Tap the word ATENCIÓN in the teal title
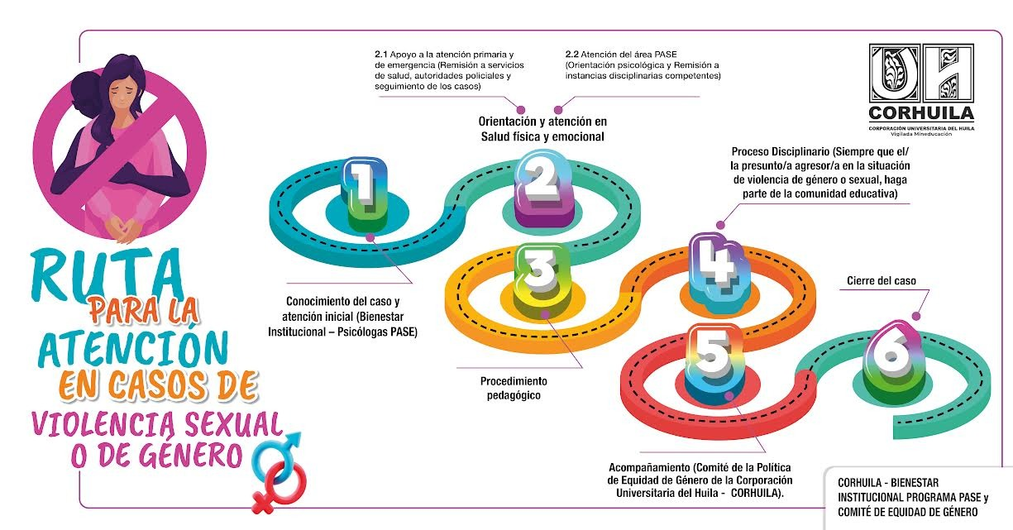click(127, 348)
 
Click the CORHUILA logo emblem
click(920, 74)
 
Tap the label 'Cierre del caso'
click(882, 281)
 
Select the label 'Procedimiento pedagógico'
click(514, 389)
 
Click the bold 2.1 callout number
click(382, 54)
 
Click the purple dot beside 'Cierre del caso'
click(915, 315)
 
